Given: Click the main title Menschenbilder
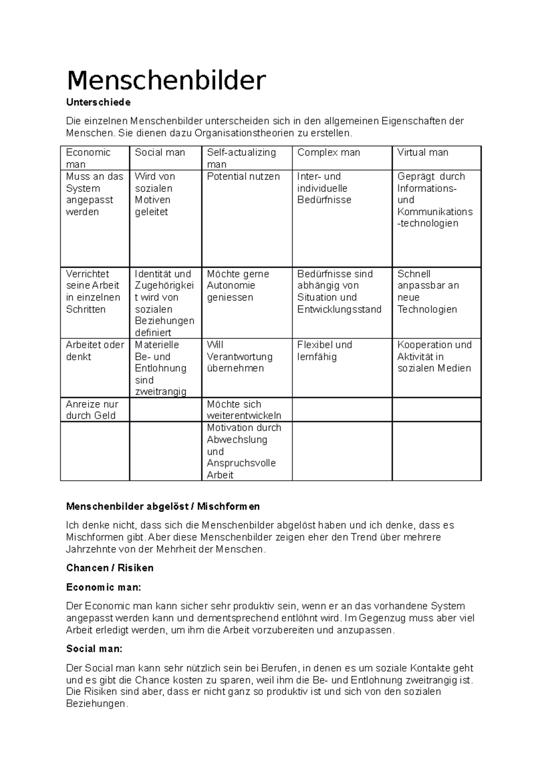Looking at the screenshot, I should [x=166, y=80].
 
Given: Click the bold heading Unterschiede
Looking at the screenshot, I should [x=98, y=102].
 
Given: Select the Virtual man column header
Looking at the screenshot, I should [x=423, y=153].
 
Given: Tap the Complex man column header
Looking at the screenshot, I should [x=328, y=153].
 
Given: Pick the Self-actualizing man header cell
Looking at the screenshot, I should [x=241, y=158].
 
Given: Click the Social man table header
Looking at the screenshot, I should [x=160, y=153].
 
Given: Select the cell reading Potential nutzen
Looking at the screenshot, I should [x=243, y=177].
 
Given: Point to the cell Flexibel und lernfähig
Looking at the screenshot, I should [x=324, y=350].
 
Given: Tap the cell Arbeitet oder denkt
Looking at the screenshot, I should [x=95, y=350].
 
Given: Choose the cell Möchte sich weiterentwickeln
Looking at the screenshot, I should [x=244, y=409].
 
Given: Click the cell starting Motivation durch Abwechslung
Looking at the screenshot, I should [x=244, y=451].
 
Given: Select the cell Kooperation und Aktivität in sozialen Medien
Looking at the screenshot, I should [x=434, y=356].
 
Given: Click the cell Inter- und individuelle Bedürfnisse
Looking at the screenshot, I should [x=324, y=188].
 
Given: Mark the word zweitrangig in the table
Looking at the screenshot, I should [x=161, y=391].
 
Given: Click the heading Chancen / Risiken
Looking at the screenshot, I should [x=109, y=568].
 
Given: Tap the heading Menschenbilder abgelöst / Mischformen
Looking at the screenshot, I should [x=163, y=506].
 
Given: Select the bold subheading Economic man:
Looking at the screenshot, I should [x=103, y=587].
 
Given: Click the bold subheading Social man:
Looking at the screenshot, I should [x=94, y=649].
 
